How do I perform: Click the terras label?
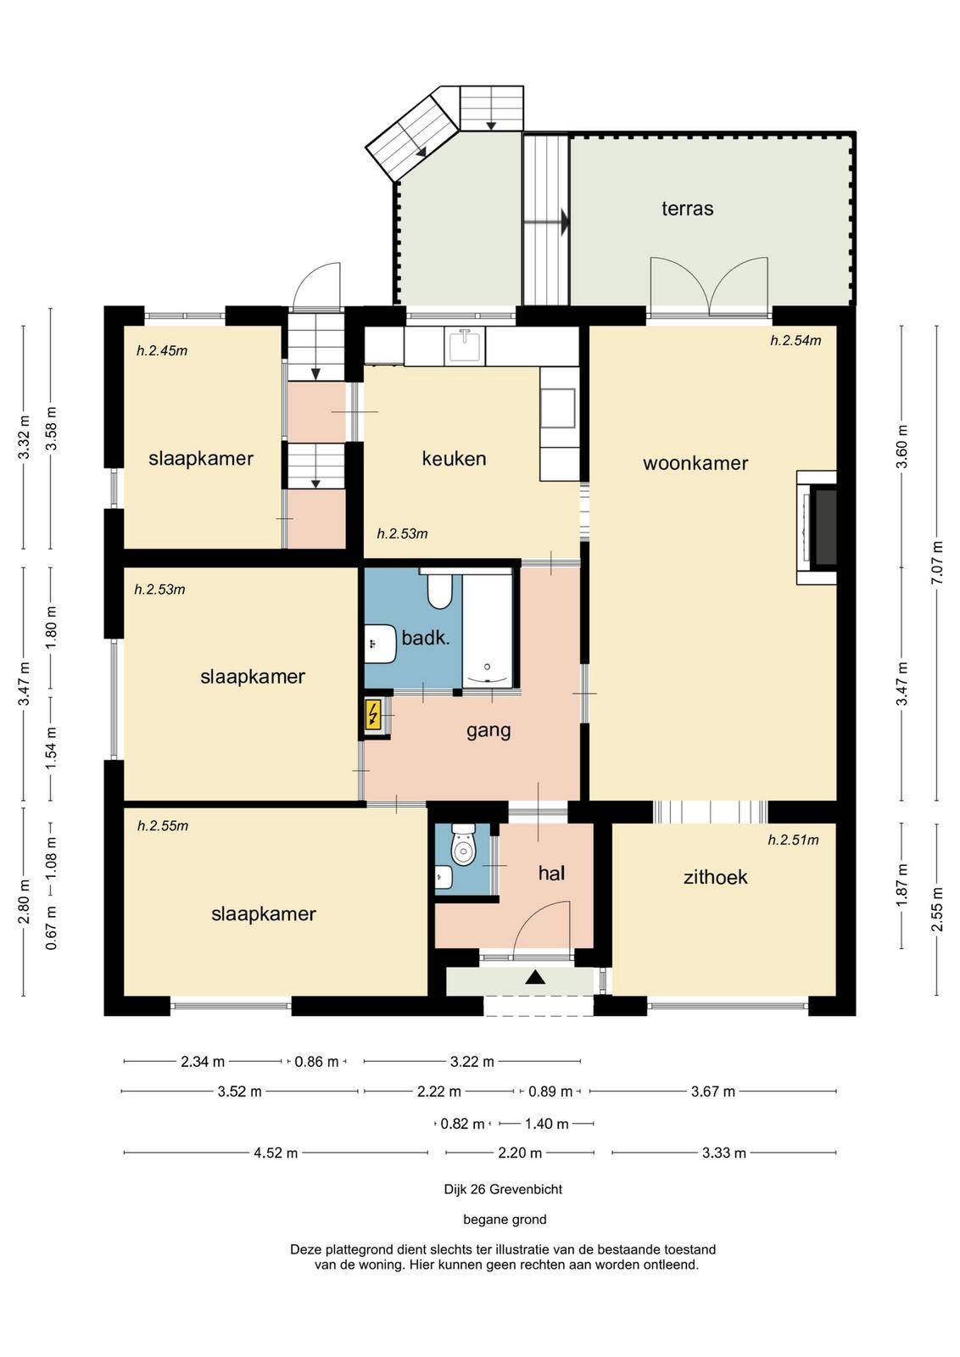pyautogui.click(x=687, y=209)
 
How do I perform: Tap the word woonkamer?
pyautogui.click(x=695, y=463)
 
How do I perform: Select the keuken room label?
pyautogui.click(x=454, y=458)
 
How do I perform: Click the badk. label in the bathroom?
pyautogui.click(x=425, y=637)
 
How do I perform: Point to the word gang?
pyautogui.click(x=488, y=730)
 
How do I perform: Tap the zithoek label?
pyautogui.click(x=715, y=877)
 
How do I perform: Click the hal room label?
pyautogui.click(x=551, y=873)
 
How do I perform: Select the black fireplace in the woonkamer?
pyautogui.click(x=825, y=528)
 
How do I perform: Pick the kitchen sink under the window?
pyautogui.click(x=465, y=346)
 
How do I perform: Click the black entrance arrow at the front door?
pyautogui.click(x=535, y=977)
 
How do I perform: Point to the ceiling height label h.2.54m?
pyautogui.click(x=795, y=340)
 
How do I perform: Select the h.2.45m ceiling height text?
pyautogui.click(x=162, y=350)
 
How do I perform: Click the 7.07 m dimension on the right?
pyautogui.click(x=938, y=563)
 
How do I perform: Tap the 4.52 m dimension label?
pyautogui.click(x=276, y=1153)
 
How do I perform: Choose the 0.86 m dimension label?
pyautogui.click(x=316, y=1061)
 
